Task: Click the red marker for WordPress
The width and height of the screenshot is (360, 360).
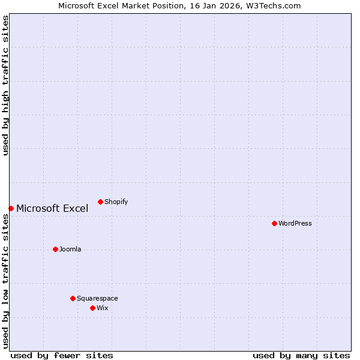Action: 274,223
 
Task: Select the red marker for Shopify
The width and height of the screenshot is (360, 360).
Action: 100,202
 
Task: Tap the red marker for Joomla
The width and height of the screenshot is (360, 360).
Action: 55,249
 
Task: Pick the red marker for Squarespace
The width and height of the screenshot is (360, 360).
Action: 73,298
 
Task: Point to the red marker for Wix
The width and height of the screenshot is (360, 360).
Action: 92,308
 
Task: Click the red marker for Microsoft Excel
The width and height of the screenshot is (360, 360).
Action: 11,208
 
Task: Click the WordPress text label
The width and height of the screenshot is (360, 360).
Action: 295,223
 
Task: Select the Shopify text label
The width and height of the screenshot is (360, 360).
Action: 116,202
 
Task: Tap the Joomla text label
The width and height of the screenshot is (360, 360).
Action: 70,249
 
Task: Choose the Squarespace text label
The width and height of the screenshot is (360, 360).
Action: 97,298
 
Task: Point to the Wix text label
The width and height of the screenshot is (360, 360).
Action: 103,308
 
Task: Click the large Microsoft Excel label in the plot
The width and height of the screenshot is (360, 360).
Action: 52,209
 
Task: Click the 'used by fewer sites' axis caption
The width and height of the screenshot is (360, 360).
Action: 62,355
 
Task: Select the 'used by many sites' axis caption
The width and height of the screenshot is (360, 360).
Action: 301,355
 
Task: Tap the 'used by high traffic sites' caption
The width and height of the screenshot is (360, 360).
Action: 6,85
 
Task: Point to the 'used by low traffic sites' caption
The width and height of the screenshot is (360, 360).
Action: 6,281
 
